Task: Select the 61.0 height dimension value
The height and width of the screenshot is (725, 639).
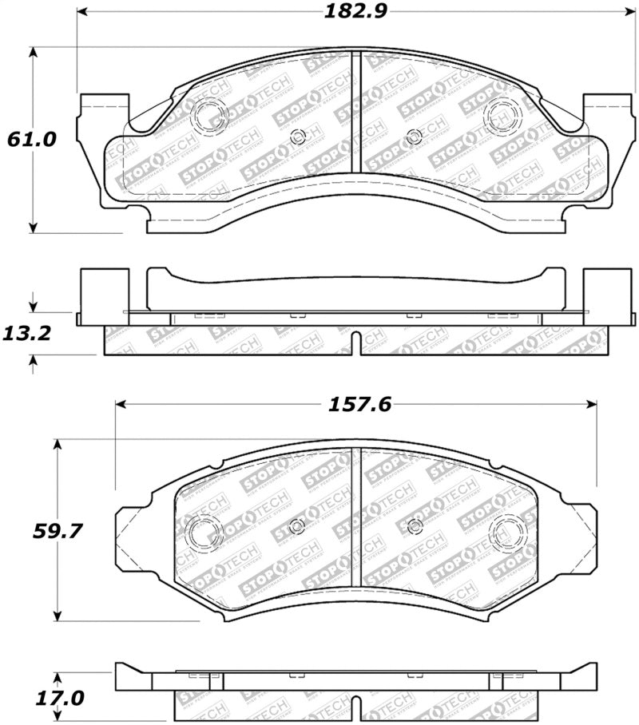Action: point(32,139)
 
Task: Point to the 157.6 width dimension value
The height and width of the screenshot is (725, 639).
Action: point(355,404)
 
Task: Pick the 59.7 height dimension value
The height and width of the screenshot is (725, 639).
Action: point(32,530)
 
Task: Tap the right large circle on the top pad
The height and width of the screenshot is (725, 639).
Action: point(503,113)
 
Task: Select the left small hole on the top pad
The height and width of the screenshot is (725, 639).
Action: point(299,136)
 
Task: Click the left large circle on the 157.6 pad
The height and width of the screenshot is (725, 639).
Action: point(202,530)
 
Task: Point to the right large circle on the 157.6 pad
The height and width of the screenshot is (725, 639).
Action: point(509,530)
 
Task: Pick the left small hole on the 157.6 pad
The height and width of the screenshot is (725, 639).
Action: point(297,525)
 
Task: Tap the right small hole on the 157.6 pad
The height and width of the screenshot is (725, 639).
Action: point(415,525)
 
